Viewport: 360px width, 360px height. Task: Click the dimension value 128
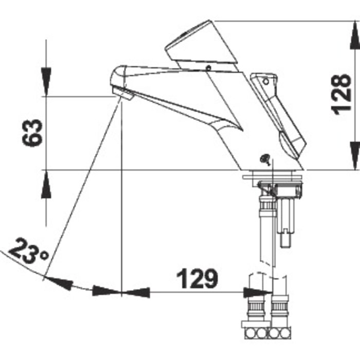click(341, 94)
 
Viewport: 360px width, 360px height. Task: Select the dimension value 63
click(32, 133)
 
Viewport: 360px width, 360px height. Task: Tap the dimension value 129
click(197, 279)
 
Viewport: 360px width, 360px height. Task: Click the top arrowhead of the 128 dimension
click(355, 35)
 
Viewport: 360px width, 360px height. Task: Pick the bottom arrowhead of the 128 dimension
click(355, 156)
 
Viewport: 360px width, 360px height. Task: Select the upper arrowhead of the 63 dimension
click(46, 82)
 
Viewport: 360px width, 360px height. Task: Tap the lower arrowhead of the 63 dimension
click(46, 184)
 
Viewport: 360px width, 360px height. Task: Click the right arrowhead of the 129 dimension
click(258, 293)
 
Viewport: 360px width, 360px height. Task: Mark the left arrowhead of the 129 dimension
click(135, 293)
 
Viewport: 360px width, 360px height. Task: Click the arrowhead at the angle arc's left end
click(59, 283)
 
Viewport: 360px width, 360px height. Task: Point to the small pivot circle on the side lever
click(266, 81)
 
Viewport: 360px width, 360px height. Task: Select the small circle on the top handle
click(208, 68)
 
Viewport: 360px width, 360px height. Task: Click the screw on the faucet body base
click(265, 159)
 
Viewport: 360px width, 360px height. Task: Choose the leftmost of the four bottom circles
click(250, 333)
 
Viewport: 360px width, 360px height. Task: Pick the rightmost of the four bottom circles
click(285, 333)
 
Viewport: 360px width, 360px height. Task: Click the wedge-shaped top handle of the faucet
click(202, 45)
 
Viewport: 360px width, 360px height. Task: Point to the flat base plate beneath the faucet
click(272, 177)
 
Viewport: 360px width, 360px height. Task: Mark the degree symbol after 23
click(44, 255)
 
